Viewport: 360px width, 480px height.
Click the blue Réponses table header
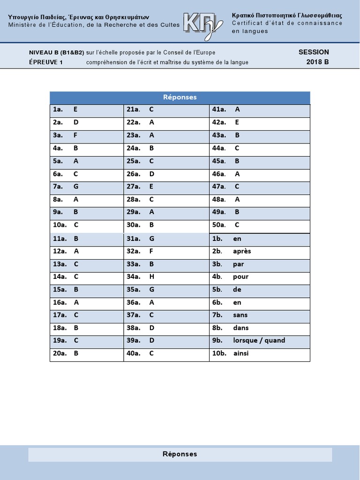180,97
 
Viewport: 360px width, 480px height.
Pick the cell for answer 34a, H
166,277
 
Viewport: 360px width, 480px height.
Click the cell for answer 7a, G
86,187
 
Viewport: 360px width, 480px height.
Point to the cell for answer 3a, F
86,135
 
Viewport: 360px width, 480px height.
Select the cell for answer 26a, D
166,174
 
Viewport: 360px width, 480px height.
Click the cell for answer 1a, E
86,110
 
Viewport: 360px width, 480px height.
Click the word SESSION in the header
314,52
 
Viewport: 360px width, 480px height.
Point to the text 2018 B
318,62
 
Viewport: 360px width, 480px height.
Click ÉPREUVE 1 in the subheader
46,62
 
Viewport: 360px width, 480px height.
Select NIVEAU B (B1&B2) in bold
57,52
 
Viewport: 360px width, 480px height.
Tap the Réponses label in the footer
180,454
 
